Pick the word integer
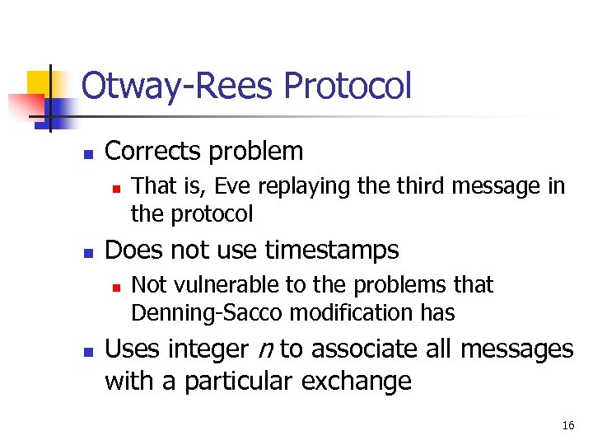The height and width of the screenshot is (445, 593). point(205,350)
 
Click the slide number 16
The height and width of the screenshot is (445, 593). point(567,426)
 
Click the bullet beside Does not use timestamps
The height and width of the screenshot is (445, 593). point(87,252)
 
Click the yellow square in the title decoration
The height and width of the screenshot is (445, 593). point(39,83)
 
